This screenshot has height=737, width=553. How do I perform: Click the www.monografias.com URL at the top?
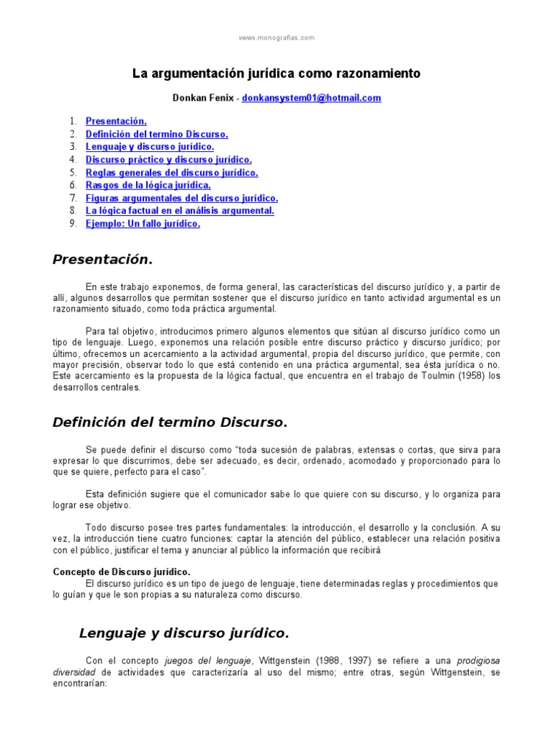pos(276,38)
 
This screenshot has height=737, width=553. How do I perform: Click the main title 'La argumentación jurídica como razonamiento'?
pos(276,73)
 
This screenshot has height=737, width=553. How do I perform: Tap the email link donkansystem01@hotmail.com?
pos(311,98)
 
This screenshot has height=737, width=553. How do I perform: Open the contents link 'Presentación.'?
pos(116,122)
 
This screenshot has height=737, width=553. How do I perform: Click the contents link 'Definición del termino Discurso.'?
pos(157,134)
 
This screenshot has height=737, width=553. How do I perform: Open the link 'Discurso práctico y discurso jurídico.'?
pos(168,160)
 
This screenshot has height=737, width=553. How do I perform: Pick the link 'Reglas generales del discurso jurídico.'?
pos(171,173)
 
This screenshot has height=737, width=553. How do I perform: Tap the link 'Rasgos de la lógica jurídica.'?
pos(148,185)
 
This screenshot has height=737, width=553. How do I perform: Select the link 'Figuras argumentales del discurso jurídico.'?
pos(181,198)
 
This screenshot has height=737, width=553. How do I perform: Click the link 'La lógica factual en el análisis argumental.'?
pos(180,211)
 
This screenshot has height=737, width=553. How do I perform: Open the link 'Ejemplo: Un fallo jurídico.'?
pos(143,224)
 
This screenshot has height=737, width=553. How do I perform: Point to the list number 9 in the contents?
pos(73,224)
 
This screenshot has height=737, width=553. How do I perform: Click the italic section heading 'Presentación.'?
pos(103,259)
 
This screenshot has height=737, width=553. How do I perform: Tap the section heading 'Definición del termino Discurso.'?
pos(170,422)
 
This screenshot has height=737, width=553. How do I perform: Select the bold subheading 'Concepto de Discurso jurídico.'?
pos(122,571)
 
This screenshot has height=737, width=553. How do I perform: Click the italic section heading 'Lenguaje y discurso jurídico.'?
pos(183,633)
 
